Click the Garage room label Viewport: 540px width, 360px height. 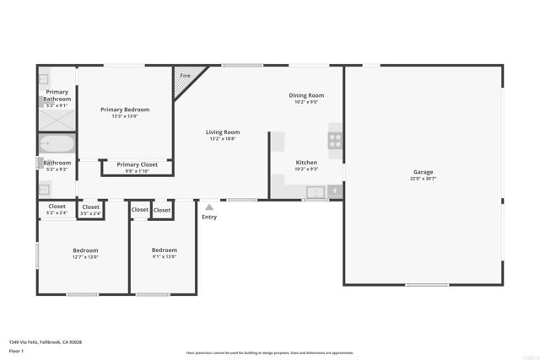click(x=423, y=172)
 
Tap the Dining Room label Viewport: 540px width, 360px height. click(x=306, y=95)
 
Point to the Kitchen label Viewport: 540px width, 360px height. click(x=306, y=162)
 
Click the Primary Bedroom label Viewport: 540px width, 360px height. click(x=125, y=110)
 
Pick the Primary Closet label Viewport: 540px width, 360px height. click(x=138, y=164)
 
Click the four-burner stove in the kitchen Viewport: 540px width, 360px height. click(x=335, y=141)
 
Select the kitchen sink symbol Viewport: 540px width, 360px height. click(x=315, y=192)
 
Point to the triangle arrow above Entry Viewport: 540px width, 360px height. click(x=209, y=207)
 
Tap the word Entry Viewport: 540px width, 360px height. click(x=209, y=217)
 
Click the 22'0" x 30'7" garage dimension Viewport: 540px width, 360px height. click(x=423, y=179)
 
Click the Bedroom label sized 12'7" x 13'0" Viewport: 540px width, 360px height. click(x=85, y=250)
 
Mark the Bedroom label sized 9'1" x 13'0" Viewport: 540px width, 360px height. click(x=165, y=250)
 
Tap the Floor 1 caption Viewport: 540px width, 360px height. click(x=16, y=351)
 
